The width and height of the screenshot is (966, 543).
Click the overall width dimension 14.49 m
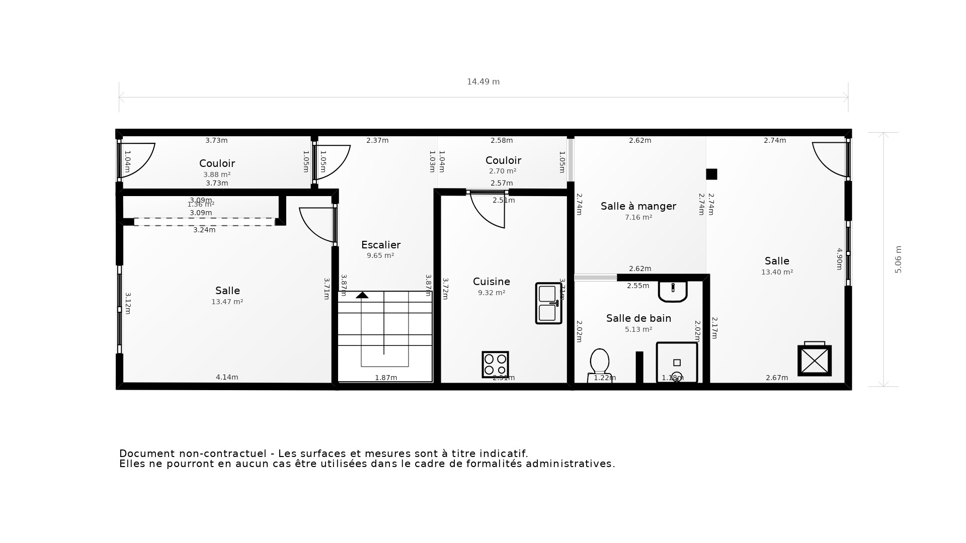point(483,82)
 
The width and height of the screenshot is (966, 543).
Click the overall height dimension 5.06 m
point(898,259)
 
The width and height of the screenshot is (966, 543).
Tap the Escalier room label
point(381,245)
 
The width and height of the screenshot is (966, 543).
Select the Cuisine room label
point(492,282)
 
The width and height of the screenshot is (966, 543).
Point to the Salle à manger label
point(638,206)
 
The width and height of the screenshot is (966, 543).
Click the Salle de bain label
point(638,318)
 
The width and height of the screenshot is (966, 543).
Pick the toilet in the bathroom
point(599,366)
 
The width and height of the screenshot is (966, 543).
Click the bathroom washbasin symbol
point(673,291)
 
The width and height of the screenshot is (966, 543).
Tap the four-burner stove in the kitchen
point(495,365)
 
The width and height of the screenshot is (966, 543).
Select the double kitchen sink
point(548,303)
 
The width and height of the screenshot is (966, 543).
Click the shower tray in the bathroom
point(677,363)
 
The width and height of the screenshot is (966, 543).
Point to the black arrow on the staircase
point(362,295)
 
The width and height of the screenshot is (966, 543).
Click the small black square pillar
point(711,174)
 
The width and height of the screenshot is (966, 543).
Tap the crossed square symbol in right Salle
point(815,360)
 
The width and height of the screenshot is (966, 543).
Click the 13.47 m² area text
point(227,302)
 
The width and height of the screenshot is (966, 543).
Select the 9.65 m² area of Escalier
point(380,256)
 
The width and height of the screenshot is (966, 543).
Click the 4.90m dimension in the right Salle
point(839,259)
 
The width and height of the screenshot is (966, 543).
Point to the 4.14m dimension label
point(227,377)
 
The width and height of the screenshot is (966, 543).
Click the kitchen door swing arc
point(486,214)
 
